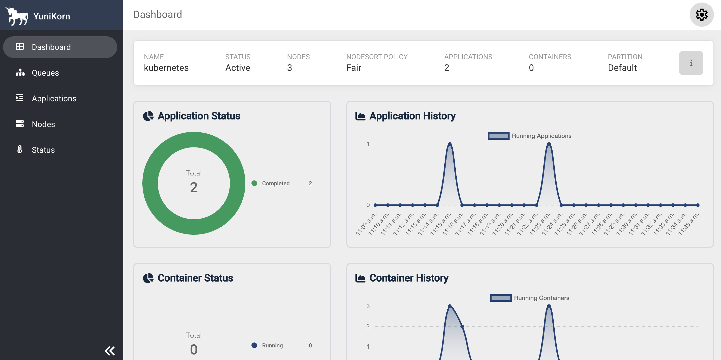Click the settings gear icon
click(x=701, y=15)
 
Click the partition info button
click(x=691, y=63)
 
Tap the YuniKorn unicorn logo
click(x=17, y=16)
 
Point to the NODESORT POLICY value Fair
click(x=354, y=68)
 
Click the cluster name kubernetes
click(x=166, y=68)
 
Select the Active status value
click(x=238, y=68)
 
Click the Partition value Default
click(x=622, y=68)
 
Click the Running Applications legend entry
click(x=530, y=136)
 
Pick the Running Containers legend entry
click(x=530, y=298)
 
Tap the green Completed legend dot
click(x=254, y=183)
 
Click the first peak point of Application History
click(x=450, y=144)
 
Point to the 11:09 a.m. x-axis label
click(x=366, y=224)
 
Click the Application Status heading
click(x=199, y=116)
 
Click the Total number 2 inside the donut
click(x=194, y=187)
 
